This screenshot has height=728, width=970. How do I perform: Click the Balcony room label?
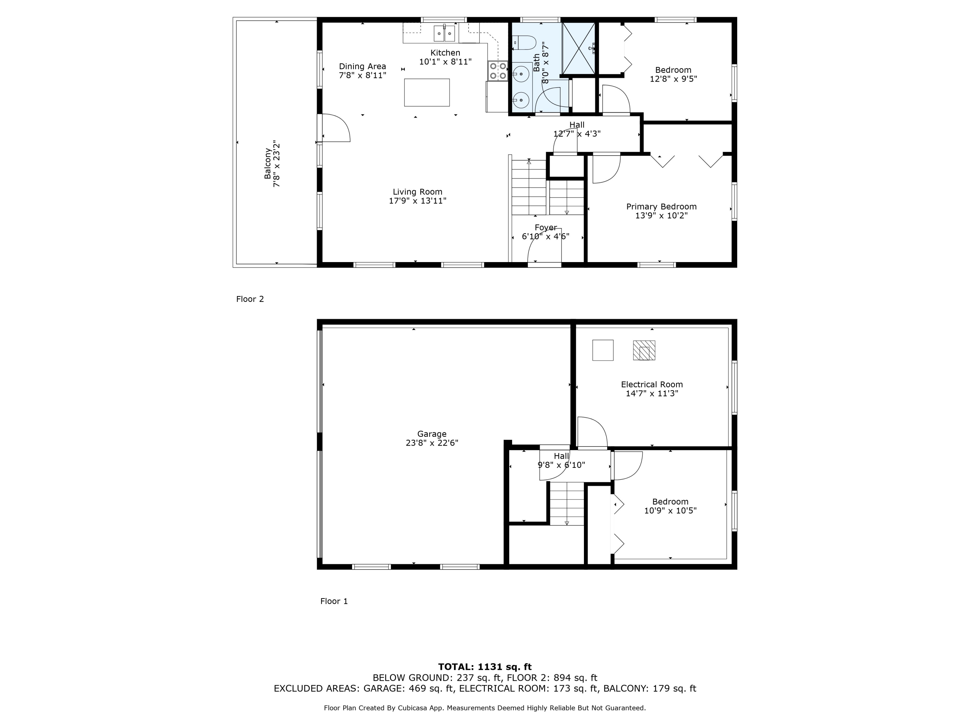[x=267, y=164]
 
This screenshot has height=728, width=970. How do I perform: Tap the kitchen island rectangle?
[x=427, y=92]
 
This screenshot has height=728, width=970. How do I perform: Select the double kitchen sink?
[x=444, y=33]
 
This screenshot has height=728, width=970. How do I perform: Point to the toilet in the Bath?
[x=524, y=43]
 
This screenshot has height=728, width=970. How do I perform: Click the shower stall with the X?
[x=578, y=48]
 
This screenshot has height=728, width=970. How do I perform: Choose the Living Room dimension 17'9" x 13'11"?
[x=417, y=201]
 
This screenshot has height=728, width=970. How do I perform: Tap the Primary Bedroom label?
[x=661, y=207]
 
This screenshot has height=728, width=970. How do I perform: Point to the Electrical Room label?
[x=652, y=384]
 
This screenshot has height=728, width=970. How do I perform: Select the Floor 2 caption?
[x=250, y=299]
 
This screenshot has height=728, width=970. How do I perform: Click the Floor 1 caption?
[x=334, y=601]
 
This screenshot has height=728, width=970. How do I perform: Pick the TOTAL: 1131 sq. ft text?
[x=485, y=667]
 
